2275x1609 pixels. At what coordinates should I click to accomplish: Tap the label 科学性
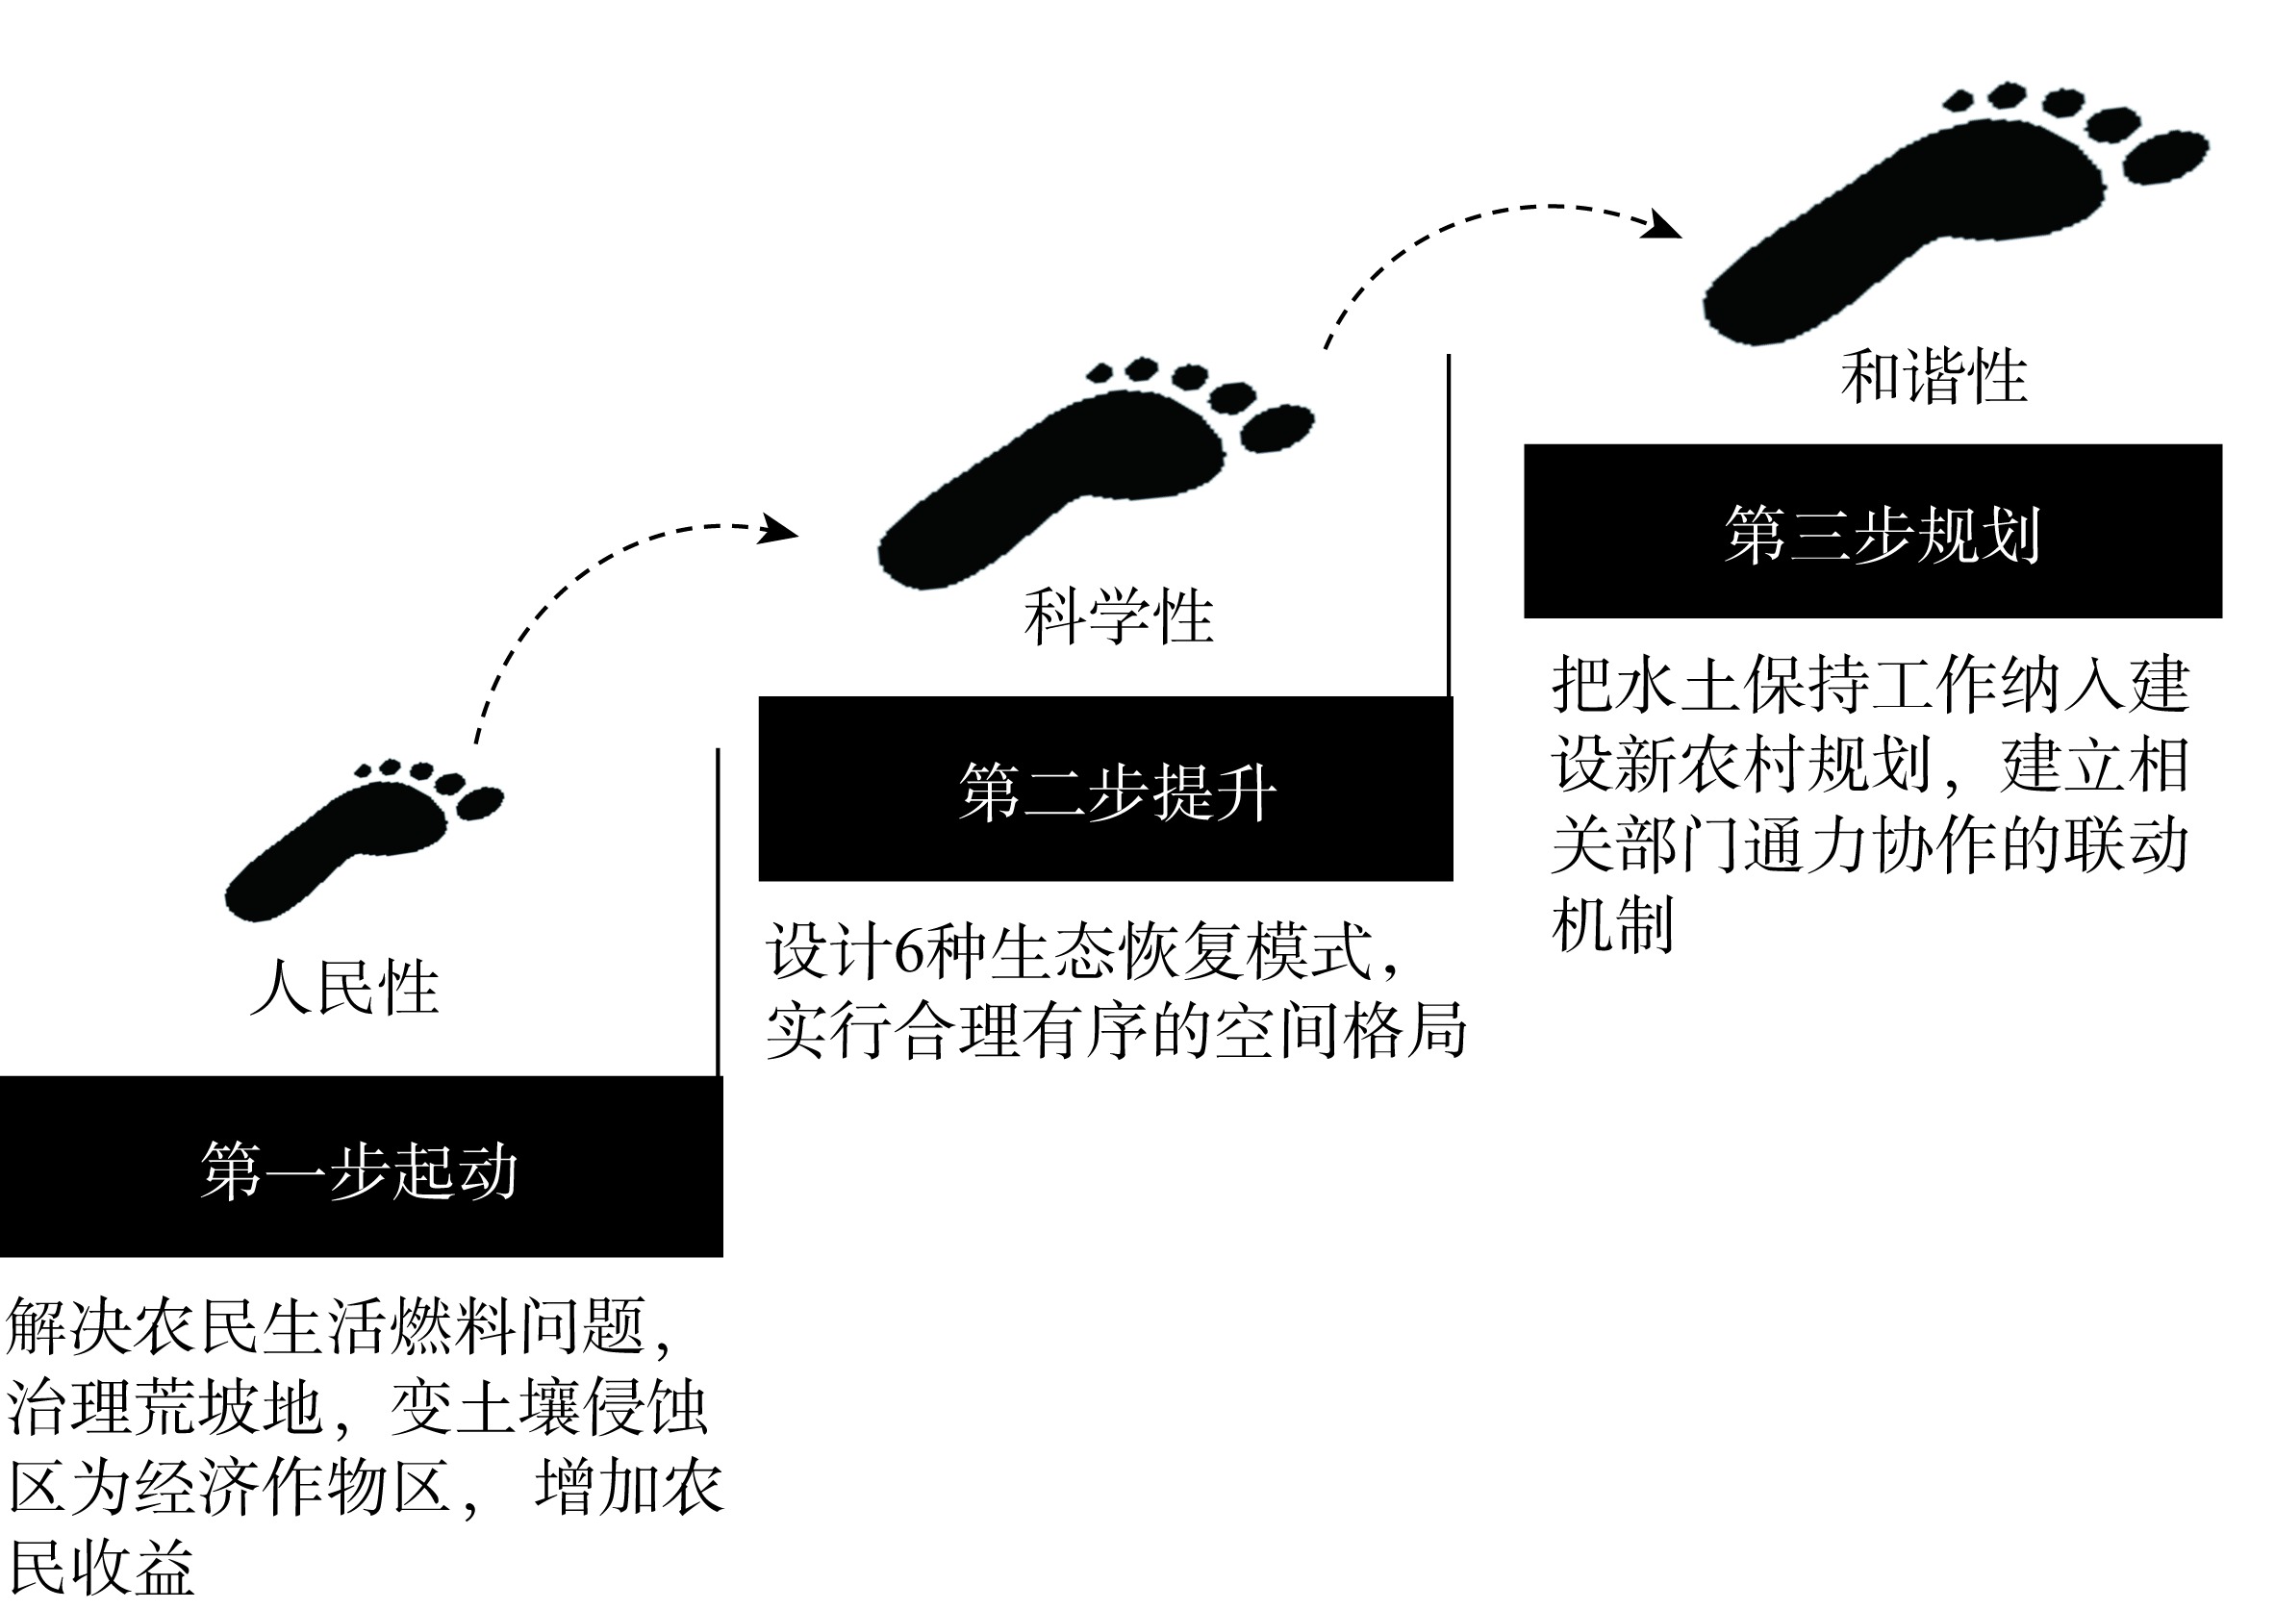[1119, 616]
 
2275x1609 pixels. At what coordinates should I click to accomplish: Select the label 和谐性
[1934, 376]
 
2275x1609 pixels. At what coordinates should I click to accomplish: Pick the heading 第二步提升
[1118, 792]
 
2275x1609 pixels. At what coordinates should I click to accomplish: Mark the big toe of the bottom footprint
[480, 802]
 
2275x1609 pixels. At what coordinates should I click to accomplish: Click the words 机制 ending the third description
[1612, 924]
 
